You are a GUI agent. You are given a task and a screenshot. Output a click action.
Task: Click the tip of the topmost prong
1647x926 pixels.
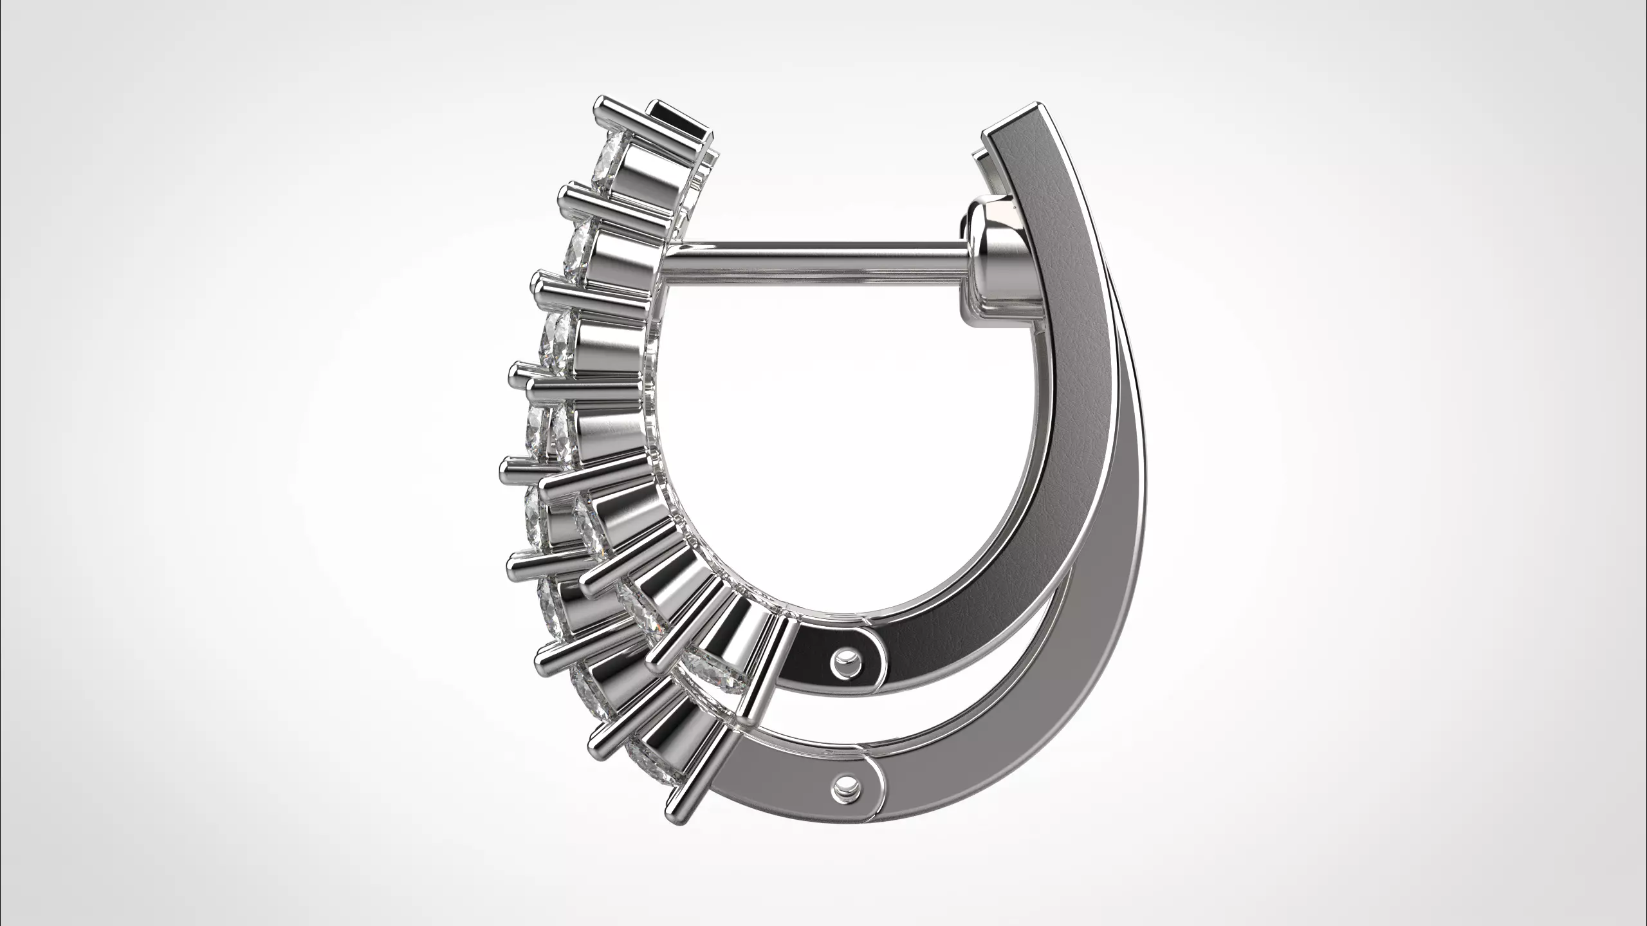(600, 105)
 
